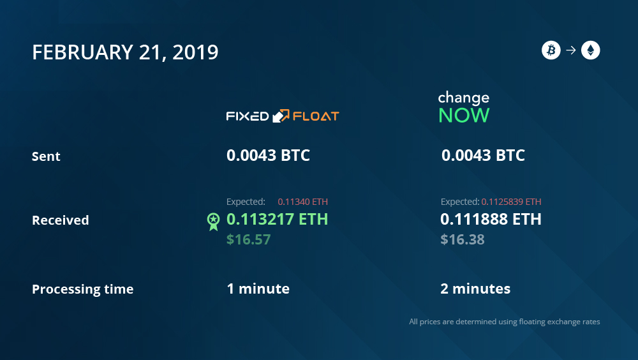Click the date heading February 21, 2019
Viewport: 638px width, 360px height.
click(x=125, y=52)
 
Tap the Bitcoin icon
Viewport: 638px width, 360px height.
click(x=551, y=50)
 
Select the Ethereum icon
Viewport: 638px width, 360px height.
click(x=590, y=50)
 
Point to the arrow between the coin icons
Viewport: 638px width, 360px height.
click(x=571, y=50)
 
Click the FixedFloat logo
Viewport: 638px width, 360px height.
click(x=283, y=116)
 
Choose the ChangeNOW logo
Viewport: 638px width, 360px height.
click(x=464, y=107)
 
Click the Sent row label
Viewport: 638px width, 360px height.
click(x=46, y=156)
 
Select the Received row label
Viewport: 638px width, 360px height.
click(x=60, y=220)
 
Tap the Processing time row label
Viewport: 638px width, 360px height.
click(x=82, y=289)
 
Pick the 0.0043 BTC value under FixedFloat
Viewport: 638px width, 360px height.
click(x=268, y=155)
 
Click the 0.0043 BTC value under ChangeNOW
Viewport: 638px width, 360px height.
click(x=483, y=155)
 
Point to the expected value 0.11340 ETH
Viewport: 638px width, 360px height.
click(x=302, y=202)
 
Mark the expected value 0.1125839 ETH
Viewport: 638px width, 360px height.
click(x=512, y=202)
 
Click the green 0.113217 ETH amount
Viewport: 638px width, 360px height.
click(x=277, y=219)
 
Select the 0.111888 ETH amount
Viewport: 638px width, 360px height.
click(x=491, y=219)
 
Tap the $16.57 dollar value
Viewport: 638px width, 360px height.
click(x=248, y=239)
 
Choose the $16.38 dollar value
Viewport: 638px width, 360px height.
click(x=462, y=239)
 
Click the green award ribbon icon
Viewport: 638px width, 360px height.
click(x=213, y=221)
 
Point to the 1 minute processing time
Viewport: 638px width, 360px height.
click(x=258, y=289)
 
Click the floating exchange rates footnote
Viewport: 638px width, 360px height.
click(x=505, y=322)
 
